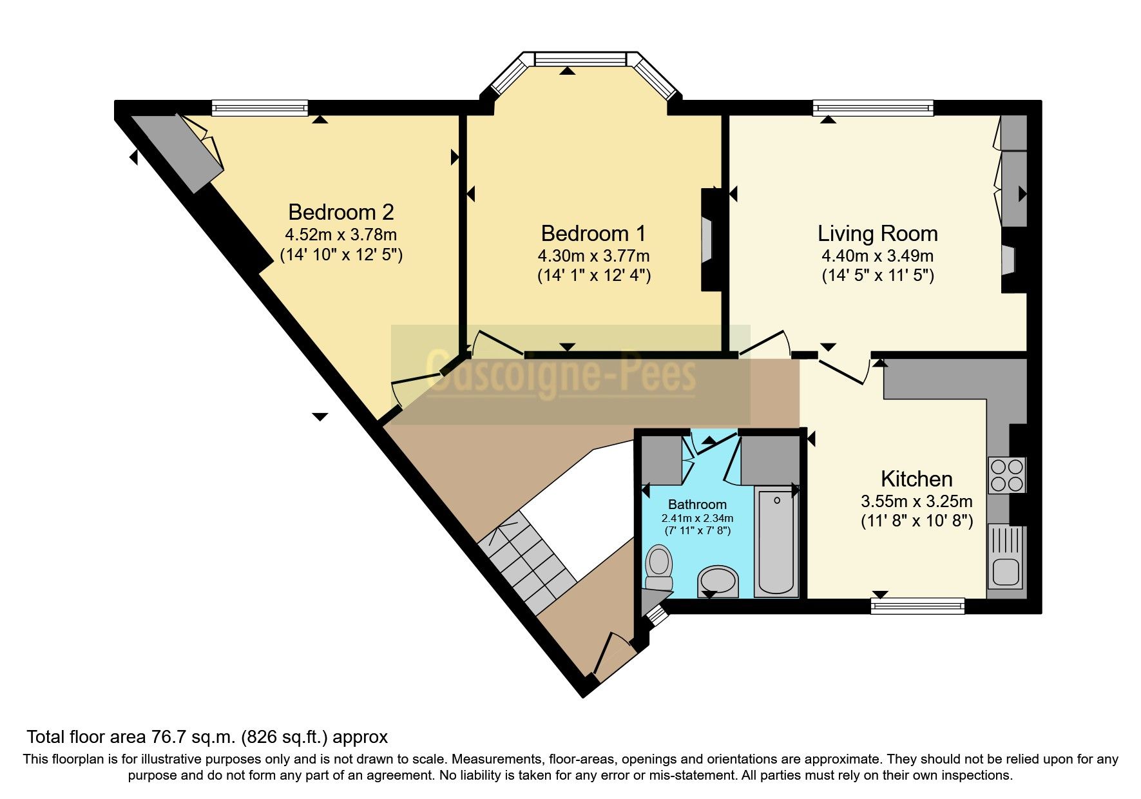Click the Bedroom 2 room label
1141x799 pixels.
(341, 212)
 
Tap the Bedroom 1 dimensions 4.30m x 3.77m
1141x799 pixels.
(593, 256)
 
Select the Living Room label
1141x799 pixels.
(877, 233)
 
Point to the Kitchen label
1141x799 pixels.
(916, 479)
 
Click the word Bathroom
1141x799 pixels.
(697, 505)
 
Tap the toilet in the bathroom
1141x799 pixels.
(658, 566)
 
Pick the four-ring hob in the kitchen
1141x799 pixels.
(1006, 475)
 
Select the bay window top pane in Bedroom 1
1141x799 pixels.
(580, 59)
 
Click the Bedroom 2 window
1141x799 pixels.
(260, 108)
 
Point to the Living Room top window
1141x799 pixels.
(873, 108)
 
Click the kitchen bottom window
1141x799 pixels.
(917, 605)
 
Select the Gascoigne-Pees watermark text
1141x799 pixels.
(561, 376)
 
